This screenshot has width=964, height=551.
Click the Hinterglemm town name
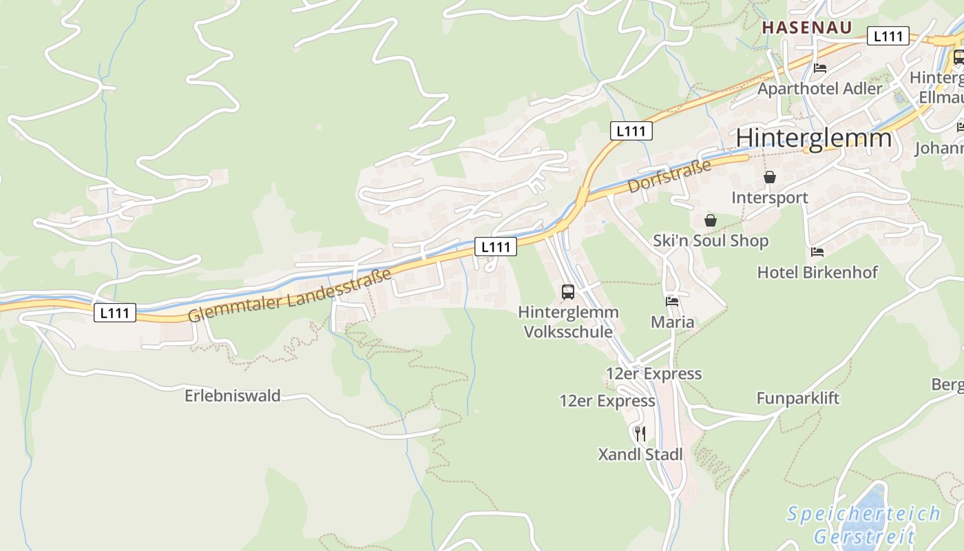(813, 138)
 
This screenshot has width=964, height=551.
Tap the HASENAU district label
(807, 28)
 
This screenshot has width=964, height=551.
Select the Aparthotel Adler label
(819, 89)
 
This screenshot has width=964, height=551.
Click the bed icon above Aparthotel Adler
(819, 68)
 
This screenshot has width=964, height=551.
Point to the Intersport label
(769, 198)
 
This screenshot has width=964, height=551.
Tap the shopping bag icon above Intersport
(770, 178)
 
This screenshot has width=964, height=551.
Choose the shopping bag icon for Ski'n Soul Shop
(711, 220)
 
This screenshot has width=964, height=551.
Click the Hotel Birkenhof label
(817, 272)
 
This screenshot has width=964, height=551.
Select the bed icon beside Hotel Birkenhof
(817, 252)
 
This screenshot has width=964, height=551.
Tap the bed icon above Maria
(672, 302)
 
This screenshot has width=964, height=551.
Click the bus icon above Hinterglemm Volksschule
(568, 292)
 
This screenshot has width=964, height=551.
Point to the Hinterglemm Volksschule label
(568, 322)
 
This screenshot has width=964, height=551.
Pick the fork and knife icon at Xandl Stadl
(640, 433)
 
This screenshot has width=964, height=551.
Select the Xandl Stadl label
(640, 455)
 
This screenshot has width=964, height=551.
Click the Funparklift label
(798, 398)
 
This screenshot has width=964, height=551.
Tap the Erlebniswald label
(233, 396)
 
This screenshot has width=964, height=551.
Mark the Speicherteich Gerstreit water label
(864, 525)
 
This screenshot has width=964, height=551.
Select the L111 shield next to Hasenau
(888, 37)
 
